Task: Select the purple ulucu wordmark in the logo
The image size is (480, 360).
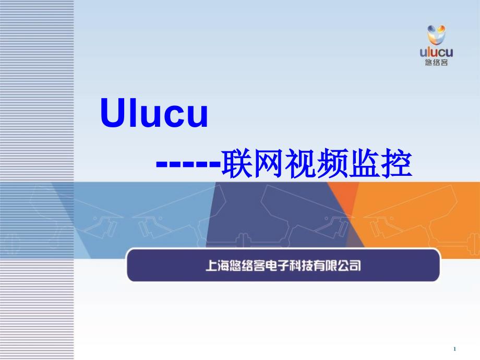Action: [x=436, y=52]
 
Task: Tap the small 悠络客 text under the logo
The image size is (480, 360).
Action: [x=437, y=63]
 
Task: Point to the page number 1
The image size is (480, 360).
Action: [x=454, y=349]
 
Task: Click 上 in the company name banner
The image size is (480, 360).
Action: [x=212, y=266]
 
